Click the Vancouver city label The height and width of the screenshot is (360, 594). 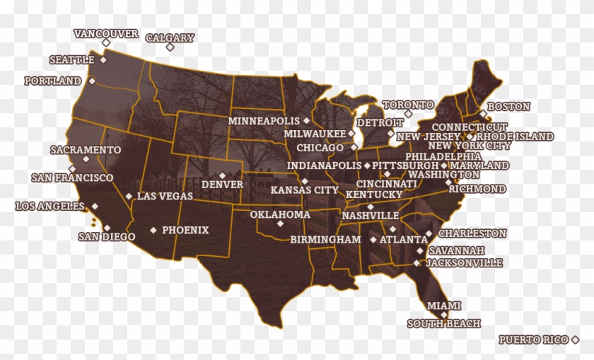pyautogui.click(x=106, y=33)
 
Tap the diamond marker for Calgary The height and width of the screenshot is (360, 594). pyautogui.click(x=170, y=47)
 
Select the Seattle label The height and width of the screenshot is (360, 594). pyautogui.click(x=72, y=60)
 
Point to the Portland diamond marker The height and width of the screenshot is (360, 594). pyautogui.click(x=92, y=81)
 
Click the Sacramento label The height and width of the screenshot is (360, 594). pyautogui.click(x=86, y=150)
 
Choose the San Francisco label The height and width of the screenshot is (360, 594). pyautogui.click(x=72, y=178)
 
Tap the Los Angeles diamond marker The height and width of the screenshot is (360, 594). pyautogui.click(x=95, y=206)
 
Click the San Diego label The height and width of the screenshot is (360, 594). pyautogui.click(x=107, y=237)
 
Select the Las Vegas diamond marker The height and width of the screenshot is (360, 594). pyautogui.click(x=129, y=196)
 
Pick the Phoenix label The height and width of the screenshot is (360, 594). pyautogui.click(x=185, y=230)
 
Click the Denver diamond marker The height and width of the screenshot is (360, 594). pyautogui.click(x=222, y=175)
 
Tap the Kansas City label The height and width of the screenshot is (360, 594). pyautogui.click(x=305, y=190)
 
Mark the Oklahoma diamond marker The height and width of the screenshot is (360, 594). pyautogui.click(x=280, y=223)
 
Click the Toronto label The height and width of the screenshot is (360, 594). pyautogui.click(x=409, y=105)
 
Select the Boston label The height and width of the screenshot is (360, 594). pyautogui.click(x=508, y=107)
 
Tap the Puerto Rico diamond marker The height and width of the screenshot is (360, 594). pyautogui.click(x=576, y=340)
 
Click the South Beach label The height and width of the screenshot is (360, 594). pyautogui.click(x=444, y=324)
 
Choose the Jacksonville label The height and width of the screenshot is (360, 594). pyautogui.click(x=465, y=263)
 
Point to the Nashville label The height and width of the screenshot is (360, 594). pyautogui.click(x=371, y=216)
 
